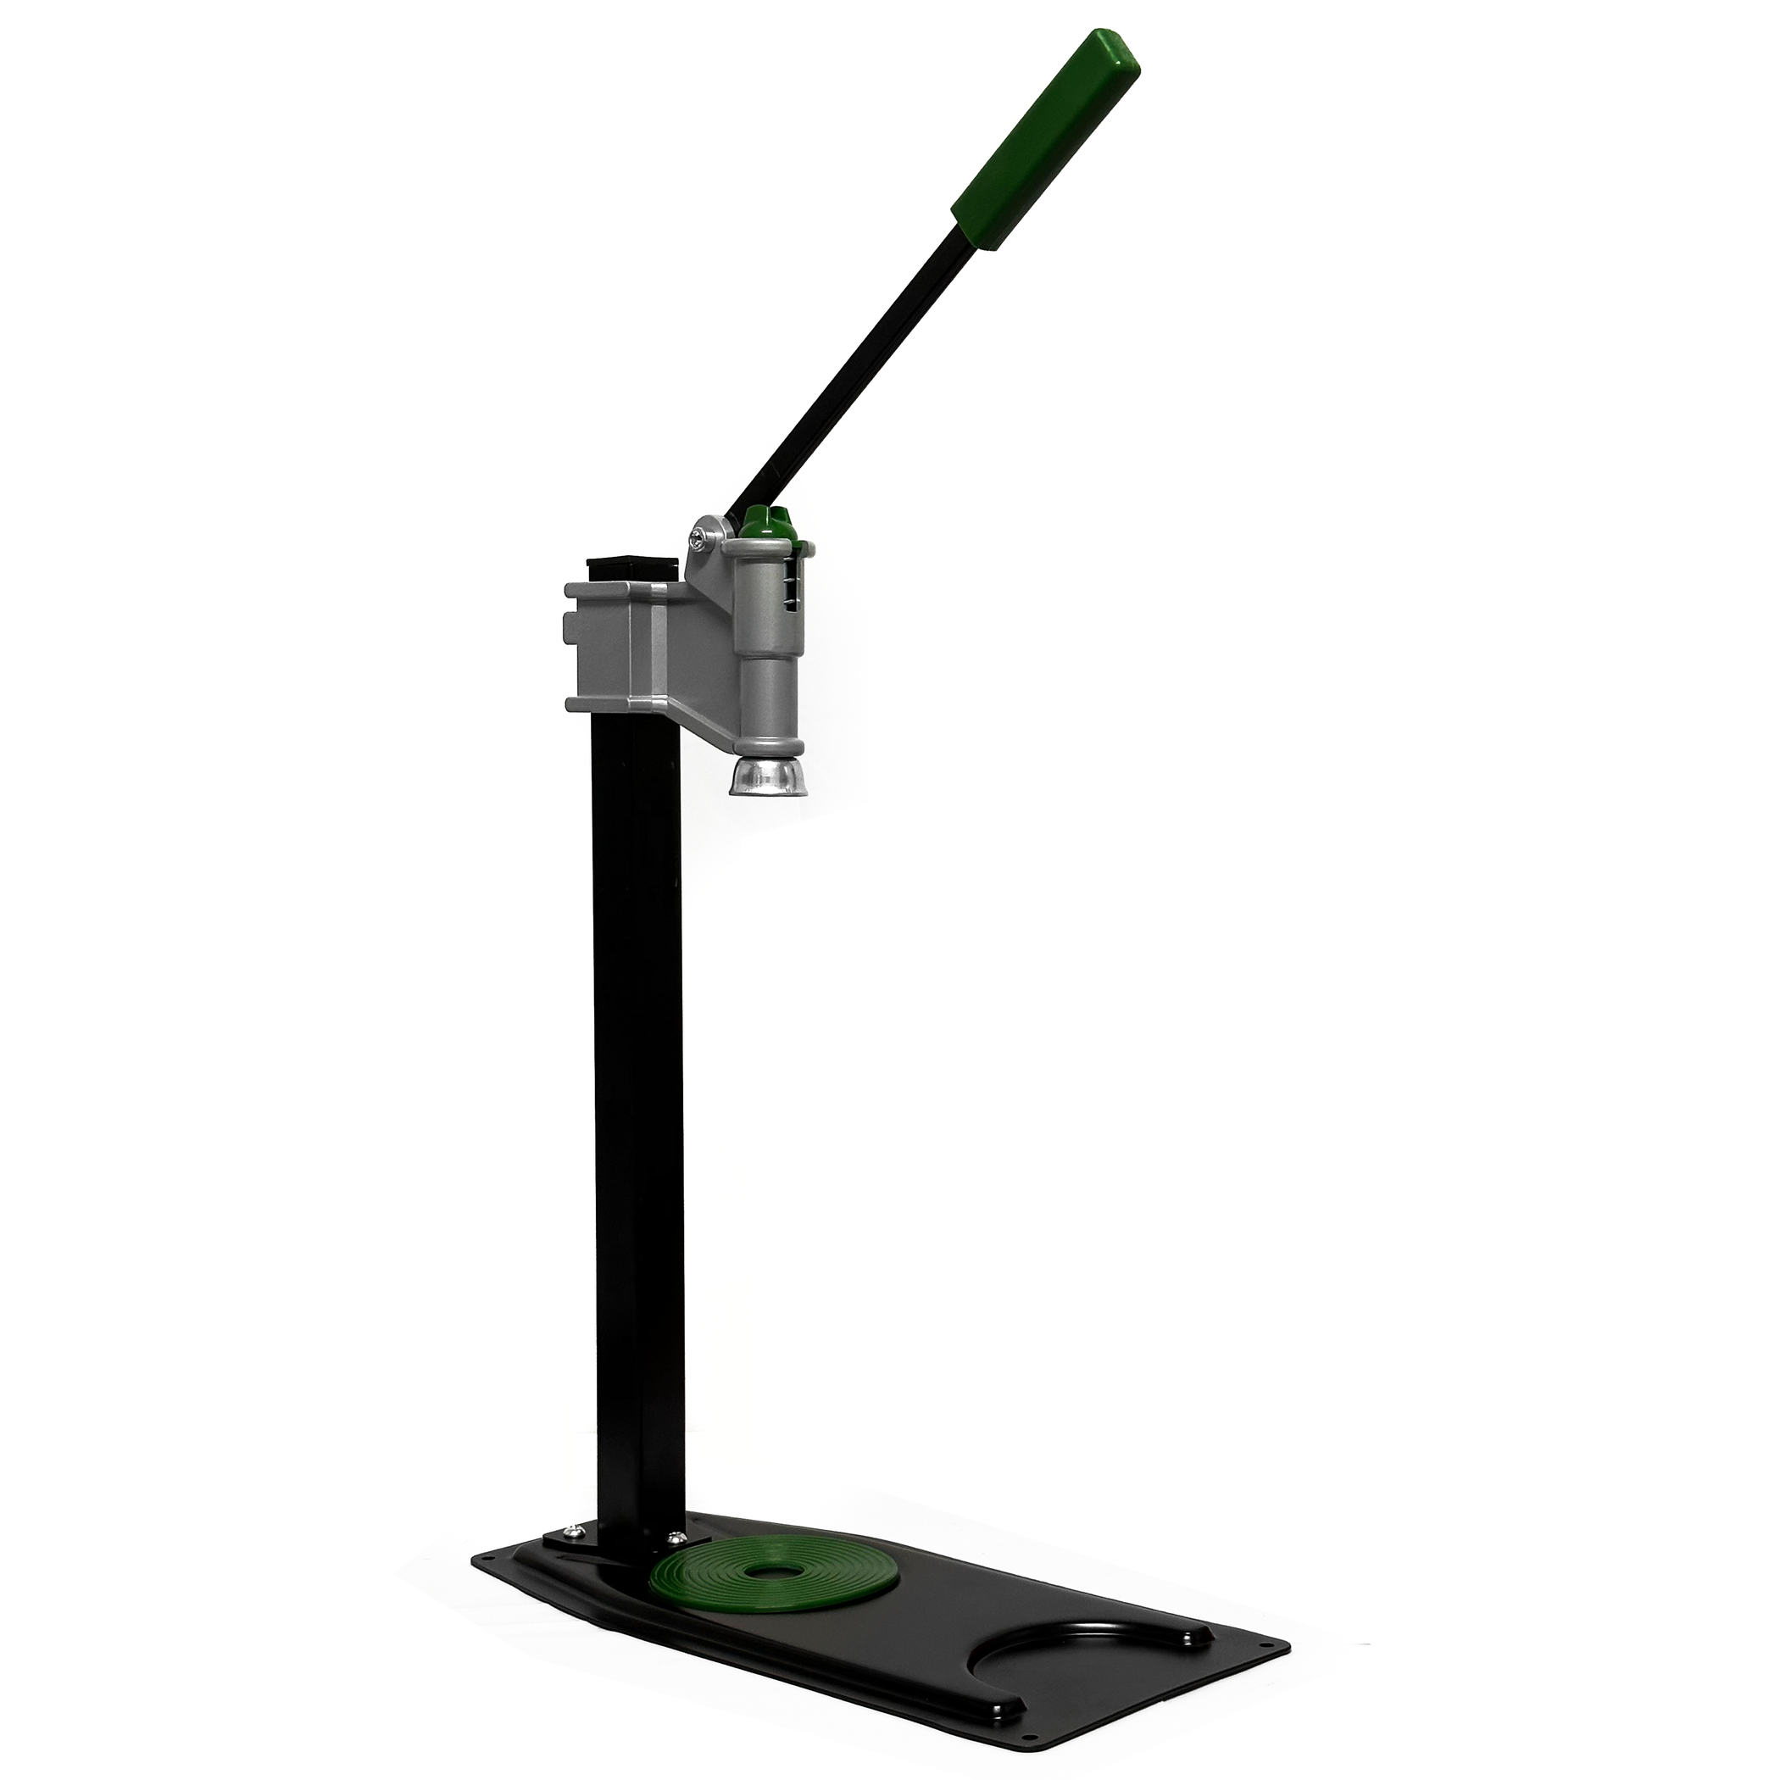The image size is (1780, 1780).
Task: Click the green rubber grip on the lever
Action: tap(1046, 138)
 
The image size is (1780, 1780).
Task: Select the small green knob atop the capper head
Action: tap(766, 520)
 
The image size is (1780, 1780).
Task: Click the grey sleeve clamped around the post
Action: tap(608, 645)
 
